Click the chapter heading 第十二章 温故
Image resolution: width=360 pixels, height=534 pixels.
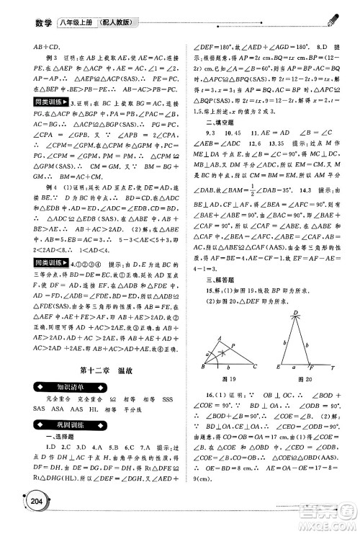(101, 392)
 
